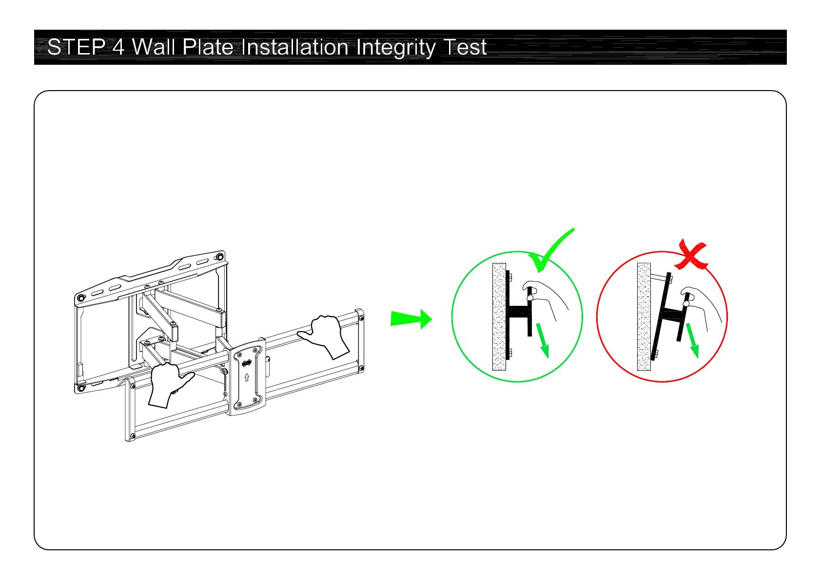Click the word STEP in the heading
[76, 47]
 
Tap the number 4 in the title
[118, 47]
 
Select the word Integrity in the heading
[395, 48]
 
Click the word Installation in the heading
[295, 47]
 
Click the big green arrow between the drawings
[411, 319]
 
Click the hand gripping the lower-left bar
[167, 383]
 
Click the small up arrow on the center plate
[247, 376]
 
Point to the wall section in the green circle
[499, 317]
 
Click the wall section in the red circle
[644, 317]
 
